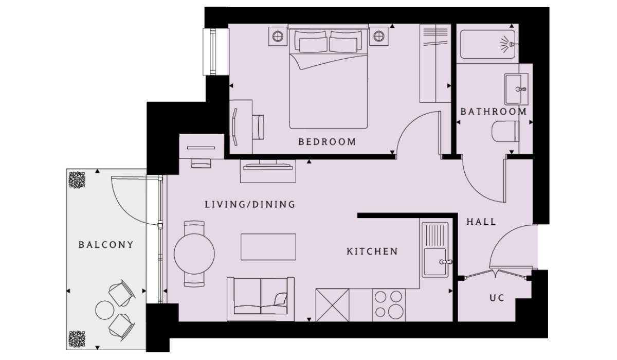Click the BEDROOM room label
[x=327, y=142]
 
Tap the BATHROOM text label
[x=493, y=112]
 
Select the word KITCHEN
[x=372, y=251]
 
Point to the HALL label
[x=481, y=222]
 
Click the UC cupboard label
[x=497, y=298]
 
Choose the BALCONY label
[x=106, y=245]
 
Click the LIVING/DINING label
[x=250, y=204]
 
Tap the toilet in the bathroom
[x=505, y=131]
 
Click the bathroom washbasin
[x=516, y=89]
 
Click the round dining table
[x=194, y=254]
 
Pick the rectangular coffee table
[x=268, y=247]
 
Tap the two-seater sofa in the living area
[x=261, y=299]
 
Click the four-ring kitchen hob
[x=389, y=305]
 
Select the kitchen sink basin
[x=435, y=262]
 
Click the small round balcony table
[x=105, y=310]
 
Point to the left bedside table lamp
[x=278, y=37]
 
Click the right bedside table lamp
[x=379, y=36]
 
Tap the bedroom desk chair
[x=258, y=127]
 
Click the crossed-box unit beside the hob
[x=333, y=305]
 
